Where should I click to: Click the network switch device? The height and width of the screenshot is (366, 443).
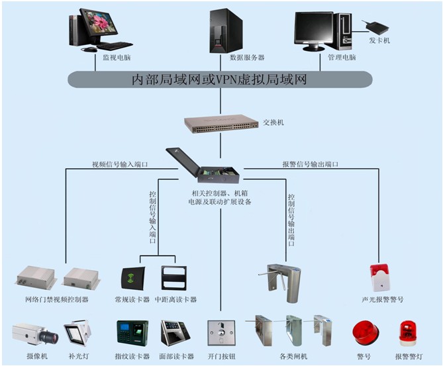click(221, 123)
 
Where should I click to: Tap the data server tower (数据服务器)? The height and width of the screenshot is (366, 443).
click(226, 30)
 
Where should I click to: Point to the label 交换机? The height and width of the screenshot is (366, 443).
click(273, 122)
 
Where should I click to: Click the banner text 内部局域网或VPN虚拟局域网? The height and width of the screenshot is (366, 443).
click(220, 79)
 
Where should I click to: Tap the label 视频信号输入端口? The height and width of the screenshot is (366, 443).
click(119, 164)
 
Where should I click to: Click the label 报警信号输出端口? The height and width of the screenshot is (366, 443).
click(310, 164)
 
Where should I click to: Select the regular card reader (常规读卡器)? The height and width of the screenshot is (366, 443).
click(133, 278)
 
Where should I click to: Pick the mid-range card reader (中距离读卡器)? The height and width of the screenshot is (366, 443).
click(174, 278)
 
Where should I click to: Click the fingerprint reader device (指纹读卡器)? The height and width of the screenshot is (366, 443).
click(132, 334)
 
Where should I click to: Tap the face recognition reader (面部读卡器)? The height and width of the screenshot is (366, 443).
click(175, 334)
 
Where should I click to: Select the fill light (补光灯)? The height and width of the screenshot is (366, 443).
click(78, 334)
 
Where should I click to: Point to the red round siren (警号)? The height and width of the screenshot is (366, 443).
click(366, 333)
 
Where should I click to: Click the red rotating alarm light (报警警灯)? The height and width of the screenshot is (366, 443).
click(408, 334)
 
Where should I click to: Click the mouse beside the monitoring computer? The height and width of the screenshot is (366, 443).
click(89, 50)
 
